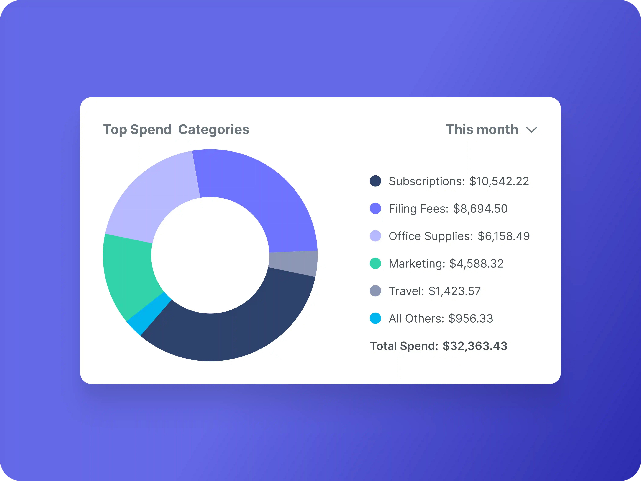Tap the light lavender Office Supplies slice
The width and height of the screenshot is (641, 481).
[x=151, y=200]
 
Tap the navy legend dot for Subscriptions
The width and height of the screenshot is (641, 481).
[x=375, y=181]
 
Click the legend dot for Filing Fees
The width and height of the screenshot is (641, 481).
[x=375, y=208]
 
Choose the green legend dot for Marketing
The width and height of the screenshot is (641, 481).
[x=375, y=263]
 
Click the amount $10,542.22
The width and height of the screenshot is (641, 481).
[x=499, y=181]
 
